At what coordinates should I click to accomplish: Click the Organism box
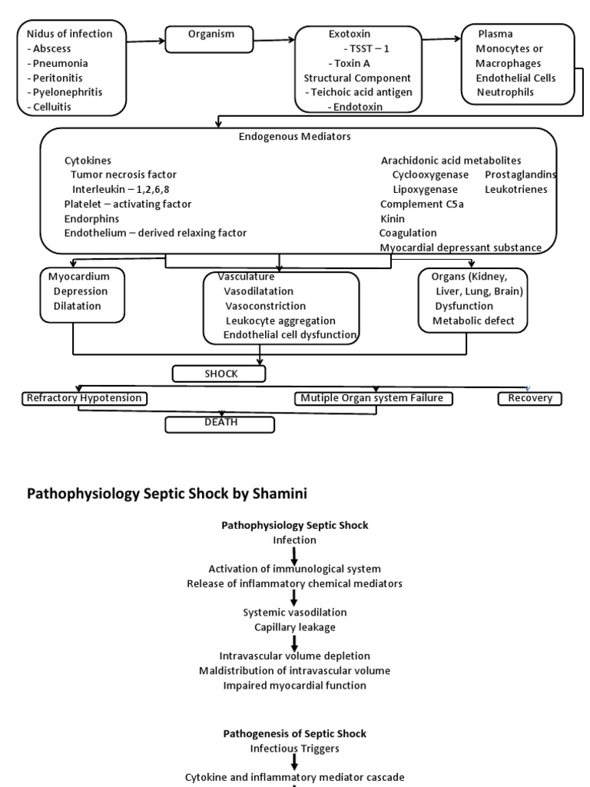point(211,39)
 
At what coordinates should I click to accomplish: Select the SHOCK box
point(220,374)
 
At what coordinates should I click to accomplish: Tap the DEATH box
point(220,423)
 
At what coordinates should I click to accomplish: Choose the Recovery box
point(529,398)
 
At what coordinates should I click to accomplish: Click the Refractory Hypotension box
point(84,398)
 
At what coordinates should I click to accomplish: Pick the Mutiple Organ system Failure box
point(373,398)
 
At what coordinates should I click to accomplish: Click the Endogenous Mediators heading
point(295,137)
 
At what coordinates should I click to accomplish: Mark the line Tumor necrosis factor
point(124,174)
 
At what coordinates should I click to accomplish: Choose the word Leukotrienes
point(516,189)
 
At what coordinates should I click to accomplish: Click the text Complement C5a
point(422,204)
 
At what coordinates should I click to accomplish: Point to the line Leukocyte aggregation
point(280,320)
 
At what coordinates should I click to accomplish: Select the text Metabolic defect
point(473,320)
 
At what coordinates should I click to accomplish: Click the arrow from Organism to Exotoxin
point(275,39)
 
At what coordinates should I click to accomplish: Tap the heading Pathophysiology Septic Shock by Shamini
point(167,493)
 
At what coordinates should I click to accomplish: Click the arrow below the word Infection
point(295,555)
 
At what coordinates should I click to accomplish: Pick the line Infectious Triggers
point(295,747)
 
